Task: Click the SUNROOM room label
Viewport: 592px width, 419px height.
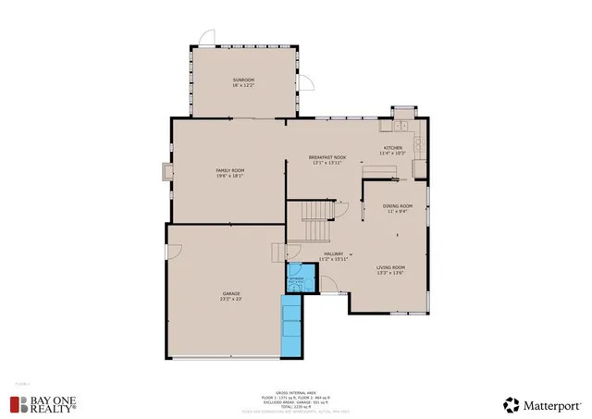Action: tap(243, 80)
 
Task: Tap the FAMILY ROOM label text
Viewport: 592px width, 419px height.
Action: tap(229, 171)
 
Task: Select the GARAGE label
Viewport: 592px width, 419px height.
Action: tap(230, 293)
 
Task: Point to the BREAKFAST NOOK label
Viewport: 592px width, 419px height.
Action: tap(327, 158)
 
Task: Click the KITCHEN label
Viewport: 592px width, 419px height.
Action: tap(393, 147)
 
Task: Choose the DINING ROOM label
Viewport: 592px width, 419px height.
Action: tap(398, 205)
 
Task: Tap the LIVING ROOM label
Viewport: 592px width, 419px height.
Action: tap(390, 267)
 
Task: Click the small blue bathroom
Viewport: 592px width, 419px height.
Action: tap(296, 281)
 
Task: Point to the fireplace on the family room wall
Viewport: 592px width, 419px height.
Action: tap(166, 172)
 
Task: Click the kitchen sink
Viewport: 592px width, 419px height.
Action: tap(402, 126)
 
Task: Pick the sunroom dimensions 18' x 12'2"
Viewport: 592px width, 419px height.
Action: tap(243, 86)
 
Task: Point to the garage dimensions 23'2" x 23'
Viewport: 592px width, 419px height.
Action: tap(230, 299)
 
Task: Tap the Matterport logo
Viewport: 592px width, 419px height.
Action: tap(542, 403)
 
